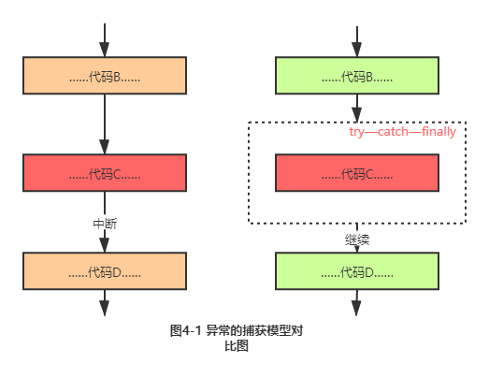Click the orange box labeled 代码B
pos(105,76)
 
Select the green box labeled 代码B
pos(357,76)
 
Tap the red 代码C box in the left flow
pos(105,172)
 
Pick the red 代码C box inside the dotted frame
pos(357,172)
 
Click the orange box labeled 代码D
pos(105,271)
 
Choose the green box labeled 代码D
pos(357,271)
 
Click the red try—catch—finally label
pos(402,132)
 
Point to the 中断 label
pos(105,224)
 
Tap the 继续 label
pos(357,240)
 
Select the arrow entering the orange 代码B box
pos(105,40)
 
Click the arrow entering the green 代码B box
pos(357,41)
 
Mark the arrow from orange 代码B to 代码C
pos(105,124)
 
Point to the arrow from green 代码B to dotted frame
pos(357,108)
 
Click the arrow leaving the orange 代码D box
pos(105,303)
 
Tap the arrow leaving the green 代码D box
pos(356,303)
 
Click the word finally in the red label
pos(439,132)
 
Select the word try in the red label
pos(356,132)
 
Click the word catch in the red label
pos(393,132)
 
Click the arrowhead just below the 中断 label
pos(105,245)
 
